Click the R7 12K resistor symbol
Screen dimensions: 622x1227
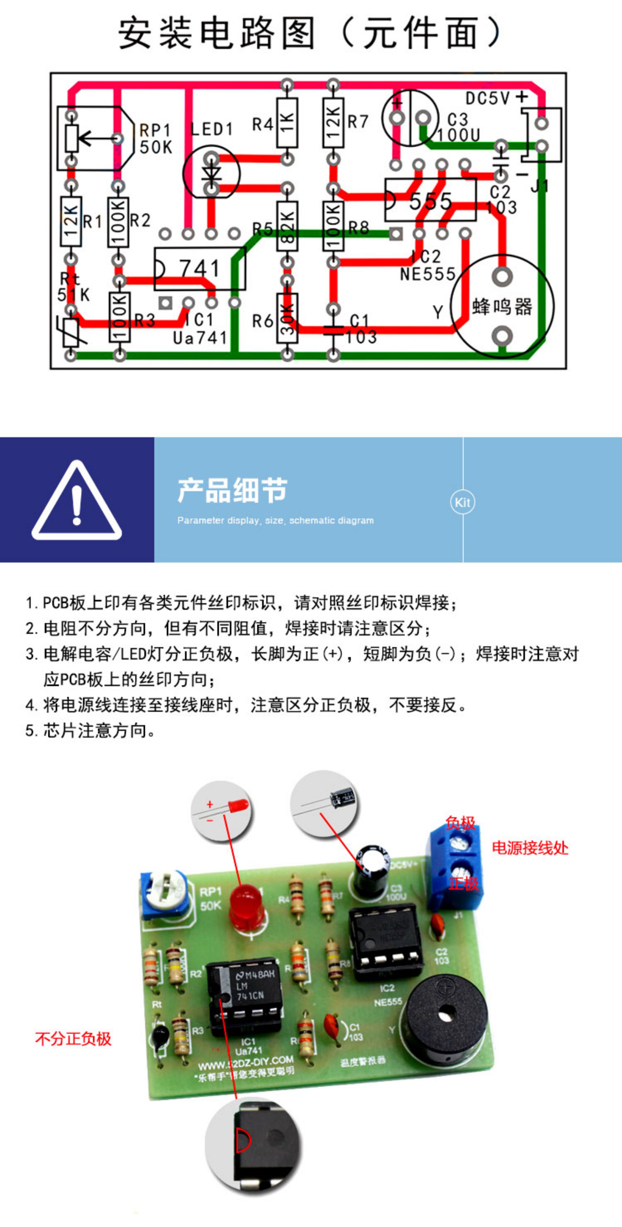click(333, 122)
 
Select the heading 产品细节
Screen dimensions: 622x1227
click(232, 490)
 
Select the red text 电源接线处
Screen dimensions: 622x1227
click(530, 848)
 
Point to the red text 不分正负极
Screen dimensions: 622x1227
click(73, 1038)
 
